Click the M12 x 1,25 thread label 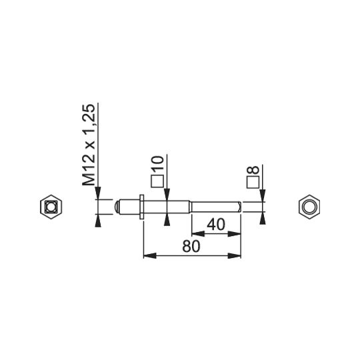pos(89,145)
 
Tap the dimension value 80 pos(191,247)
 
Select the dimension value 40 pos(216,225)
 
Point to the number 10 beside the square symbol pos(158,163)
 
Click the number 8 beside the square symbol pos(253,170)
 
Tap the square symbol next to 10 pos(157,181)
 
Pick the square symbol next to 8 pos(253,182)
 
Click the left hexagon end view pos(51,207)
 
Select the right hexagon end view pos(309,207)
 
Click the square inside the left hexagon pos(51,207)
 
